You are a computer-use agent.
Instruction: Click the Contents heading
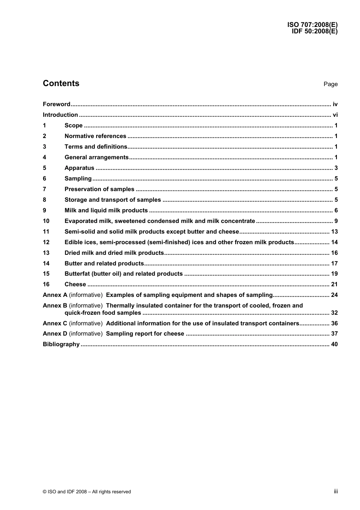coord(61,83)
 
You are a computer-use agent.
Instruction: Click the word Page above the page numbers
coord(330,84)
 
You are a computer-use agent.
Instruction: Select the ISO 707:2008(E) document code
coord(312,25)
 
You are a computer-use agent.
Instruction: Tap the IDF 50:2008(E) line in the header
coord(315,31)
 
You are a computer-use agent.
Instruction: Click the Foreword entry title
coord(56,104)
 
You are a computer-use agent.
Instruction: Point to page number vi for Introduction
coord(335,115)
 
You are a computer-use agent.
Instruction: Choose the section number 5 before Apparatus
coord(45,168)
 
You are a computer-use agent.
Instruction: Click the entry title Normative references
coord(95,136)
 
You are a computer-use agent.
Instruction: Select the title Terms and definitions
coord(96,147)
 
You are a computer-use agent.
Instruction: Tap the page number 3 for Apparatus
coord(336,168)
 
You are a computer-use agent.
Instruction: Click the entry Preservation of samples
coord(99,189)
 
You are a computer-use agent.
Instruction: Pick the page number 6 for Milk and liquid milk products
coord(336,210)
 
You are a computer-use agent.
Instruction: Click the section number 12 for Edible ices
coord(46,242)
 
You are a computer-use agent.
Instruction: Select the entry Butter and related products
coord(104,264)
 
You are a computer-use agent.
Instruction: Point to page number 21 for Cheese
coord(334,284)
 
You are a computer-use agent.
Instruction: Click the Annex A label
coord(55,295)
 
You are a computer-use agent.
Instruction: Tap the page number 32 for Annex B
coord(334,313)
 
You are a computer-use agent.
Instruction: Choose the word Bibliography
coord(61,344)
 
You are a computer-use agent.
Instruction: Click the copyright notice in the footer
coord(87,492)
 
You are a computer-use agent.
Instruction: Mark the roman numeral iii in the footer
coord(336,491)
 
